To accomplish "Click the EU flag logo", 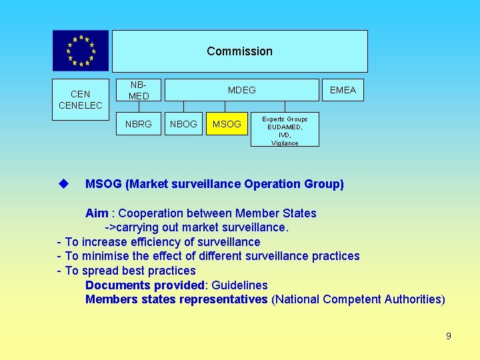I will tap(81, 51).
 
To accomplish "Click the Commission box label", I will tap(239, 51).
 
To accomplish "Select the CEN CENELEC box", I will tap(81, 100).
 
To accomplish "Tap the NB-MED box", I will tap(138, 90).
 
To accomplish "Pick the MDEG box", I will tap(241, 90).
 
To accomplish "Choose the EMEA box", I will tap(343, 90).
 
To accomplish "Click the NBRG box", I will tap(138, 123).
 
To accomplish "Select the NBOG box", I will tap(183, 123).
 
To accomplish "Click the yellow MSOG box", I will tap(227, 123).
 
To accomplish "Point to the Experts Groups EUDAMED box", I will tap(285, 129).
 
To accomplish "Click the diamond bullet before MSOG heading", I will tap(64, 183).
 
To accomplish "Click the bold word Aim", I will tap(97, 213).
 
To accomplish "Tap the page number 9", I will tap(449, 336).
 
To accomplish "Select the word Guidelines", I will tap(240, 285).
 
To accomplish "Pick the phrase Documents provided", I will tap(146, 285).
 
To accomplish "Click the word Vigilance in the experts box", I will tap(285, 143).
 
